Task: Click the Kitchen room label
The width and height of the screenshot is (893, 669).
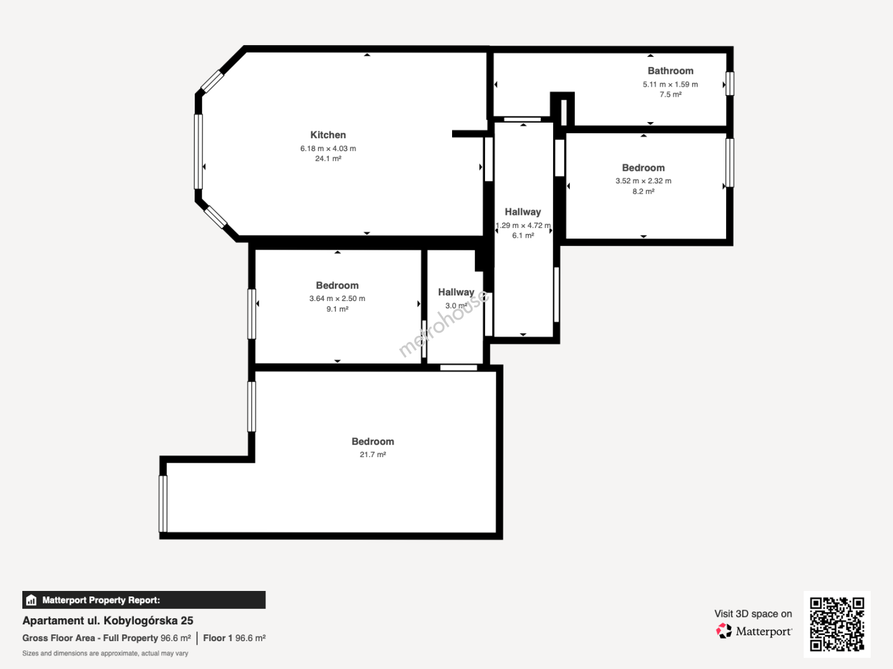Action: point(328,135)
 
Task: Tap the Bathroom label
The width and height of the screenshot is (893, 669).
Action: point(670,71)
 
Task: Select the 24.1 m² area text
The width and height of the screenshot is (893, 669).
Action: point(328,159)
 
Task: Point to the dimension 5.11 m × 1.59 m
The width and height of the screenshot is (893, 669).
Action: point(670,84)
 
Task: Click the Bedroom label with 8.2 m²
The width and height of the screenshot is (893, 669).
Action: point(643,168)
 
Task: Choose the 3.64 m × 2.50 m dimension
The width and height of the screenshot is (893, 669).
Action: point(337,299)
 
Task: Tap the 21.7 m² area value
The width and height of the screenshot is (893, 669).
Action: point(373,455)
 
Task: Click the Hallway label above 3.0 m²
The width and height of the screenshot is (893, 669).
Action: point(456,292)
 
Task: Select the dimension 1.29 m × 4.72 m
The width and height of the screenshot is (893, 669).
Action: point(523,225)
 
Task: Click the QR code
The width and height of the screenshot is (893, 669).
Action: point(837,624)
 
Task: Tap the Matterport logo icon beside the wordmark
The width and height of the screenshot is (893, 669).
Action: point(724,631)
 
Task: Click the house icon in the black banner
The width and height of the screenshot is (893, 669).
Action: point(32,600)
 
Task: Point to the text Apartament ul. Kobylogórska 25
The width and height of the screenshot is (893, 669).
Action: point(108,621)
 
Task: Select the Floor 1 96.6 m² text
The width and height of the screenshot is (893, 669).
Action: point(234,638)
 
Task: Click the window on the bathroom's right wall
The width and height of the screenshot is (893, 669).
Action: point(730,84)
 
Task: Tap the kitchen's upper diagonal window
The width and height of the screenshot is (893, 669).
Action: point(212,82)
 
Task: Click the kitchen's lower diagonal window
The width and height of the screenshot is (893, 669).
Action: point(215,217)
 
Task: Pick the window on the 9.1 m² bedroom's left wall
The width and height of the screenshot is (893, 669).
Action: point(252,314)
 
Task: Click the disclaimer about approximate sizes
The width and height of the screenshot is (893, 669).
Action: point(105,654)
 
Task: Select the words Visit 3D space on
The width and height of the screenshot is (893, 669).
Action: point(753,614)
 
